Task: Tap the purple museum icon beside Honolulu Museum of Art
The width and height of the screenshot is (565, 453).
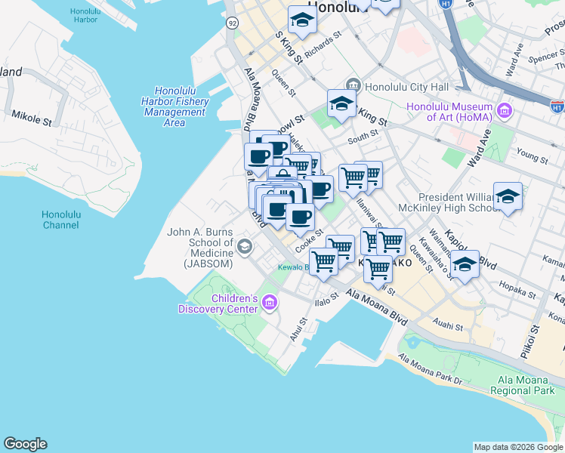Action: coord(505,112)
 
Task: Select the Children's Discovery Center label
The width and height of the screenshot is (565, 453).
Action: coord(218,304)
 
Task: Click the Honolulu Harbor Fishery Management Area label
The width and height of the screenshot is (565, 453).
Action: coord(174,106)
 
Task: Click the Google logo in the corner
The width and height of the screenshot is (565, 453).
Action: coord(25,444)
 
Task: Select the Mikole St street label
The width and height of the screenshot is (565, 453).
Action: coord(31,117)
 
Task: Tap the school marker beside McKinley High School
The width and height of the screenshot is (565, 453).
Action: coord(508,197)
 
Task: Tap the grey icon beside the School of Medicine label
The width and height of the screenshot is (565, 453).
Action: coord(245,246)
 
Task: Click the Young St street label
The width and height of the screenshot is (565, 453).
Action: coord(533,158)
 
